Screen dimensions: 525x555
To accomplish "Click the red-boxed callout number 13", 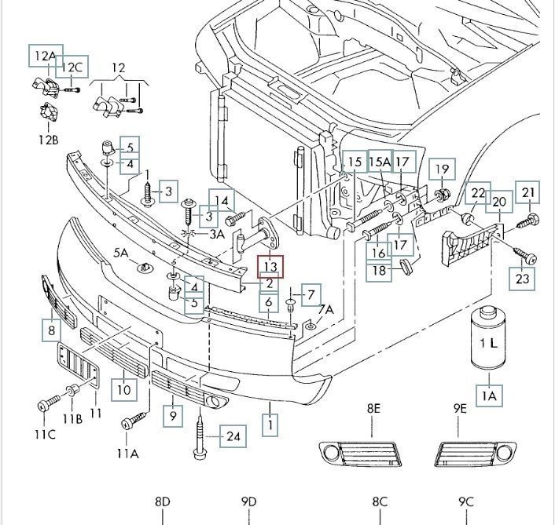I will click(270, 268).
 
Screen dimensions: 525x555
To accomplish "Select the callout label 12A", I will click(44, 56).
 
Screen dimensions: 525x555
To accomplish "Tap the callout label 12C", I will click(73, 67).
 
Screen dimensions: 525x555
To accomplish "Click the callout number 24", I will click(232, 436).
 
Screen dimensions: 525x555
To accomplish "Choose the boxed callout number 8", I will click(52, 331).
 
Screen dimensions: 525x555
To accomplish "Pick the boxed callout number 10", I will click(123, 388).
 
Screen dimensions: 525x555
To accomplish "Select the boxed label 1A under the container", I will click(490, 396).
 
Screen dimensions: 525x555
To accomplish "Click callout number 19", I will click(442, 169).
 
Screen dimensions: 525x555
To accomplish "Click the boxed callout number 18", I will click(380, 271).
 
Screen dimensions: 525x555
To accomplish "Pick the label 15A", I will click(380, 162).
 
